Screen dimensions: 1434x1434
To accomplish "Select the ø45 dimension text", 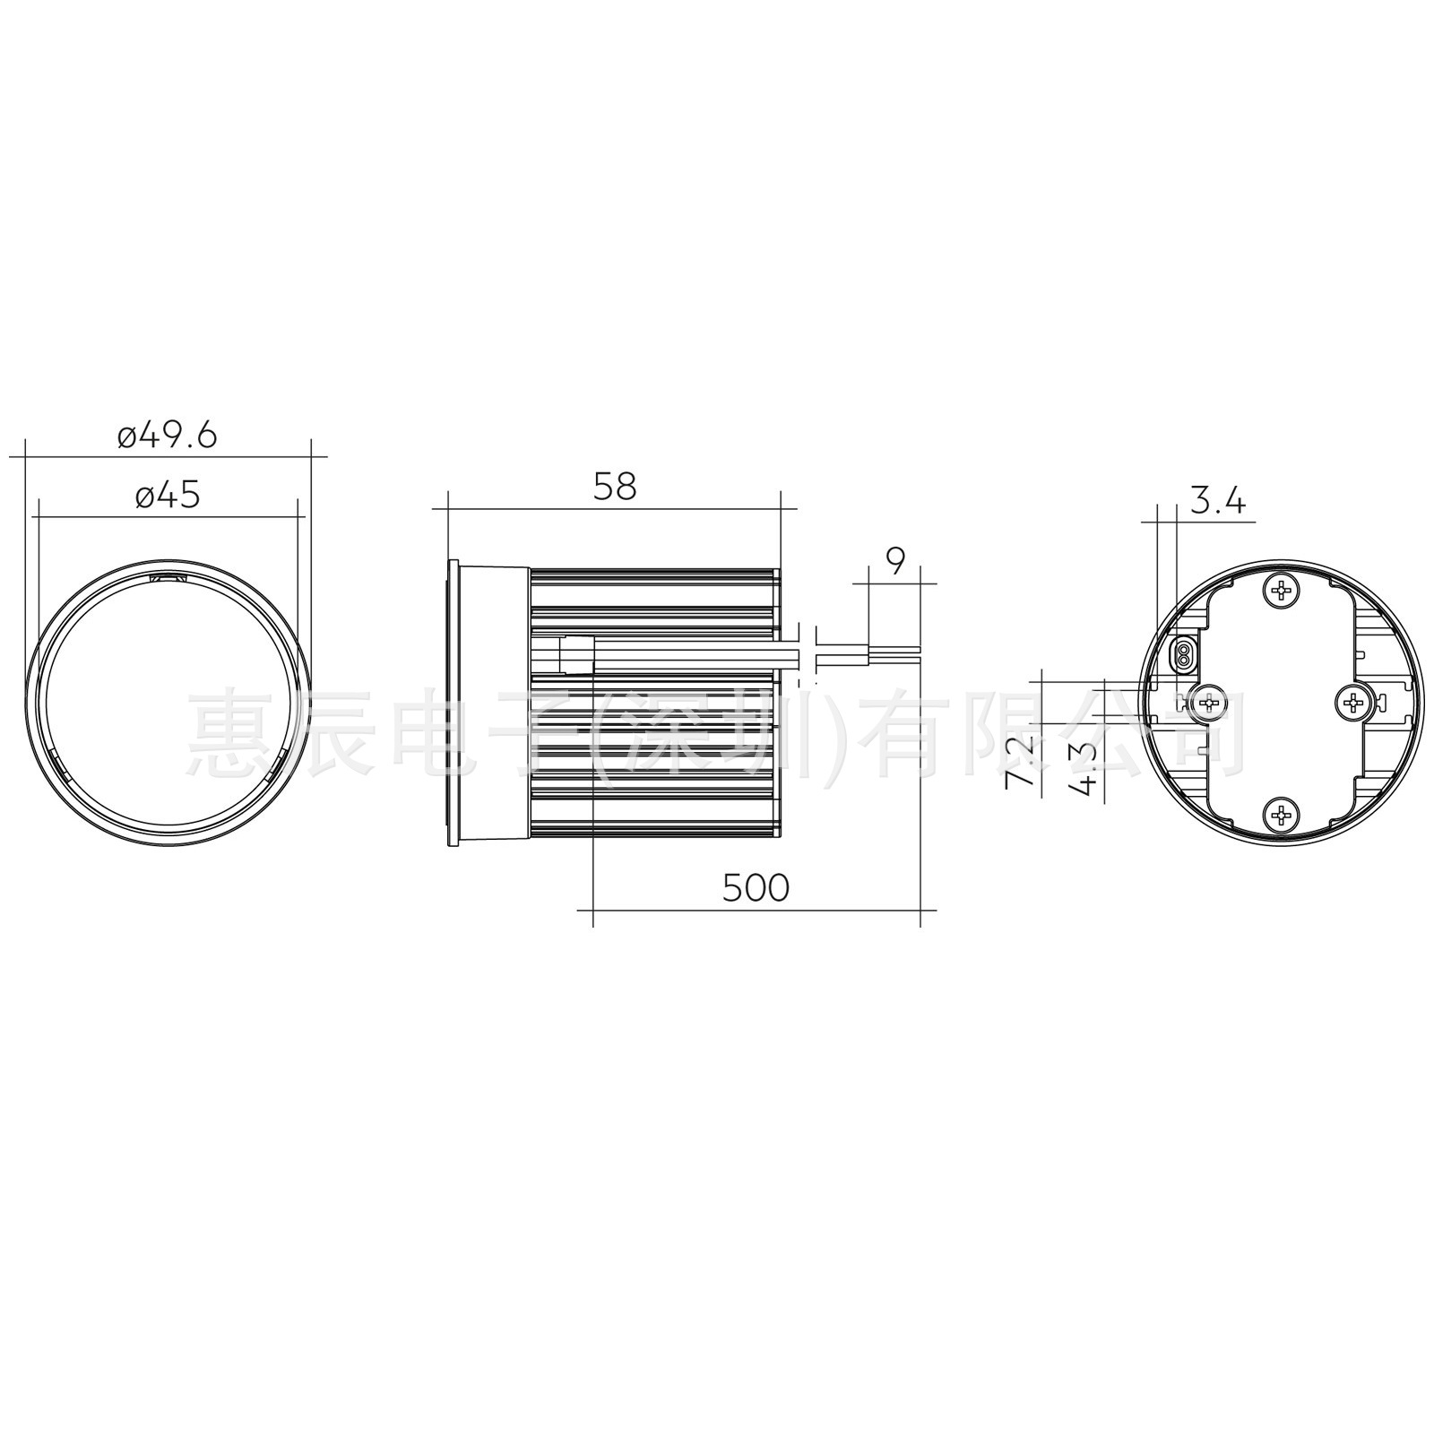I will pos(168,496).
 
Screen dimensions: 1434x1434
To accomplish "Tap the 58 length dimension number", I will pos(615,487).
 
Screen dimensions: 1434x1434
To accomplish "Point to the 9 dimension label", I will pos(895,561).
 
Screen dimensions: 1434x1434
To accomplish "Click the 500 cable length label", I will pos(756,887).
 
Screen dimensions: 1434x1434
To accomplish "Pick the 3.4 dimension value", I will pos(1217,502).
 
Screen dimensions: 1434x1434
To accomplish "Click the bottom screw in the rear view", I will pos(1283,815).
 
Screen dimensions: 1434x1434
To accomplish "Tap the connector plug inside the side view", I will pos(574,654).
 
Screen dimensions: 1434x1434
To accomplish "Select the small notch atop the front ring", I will pos(168,578).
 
